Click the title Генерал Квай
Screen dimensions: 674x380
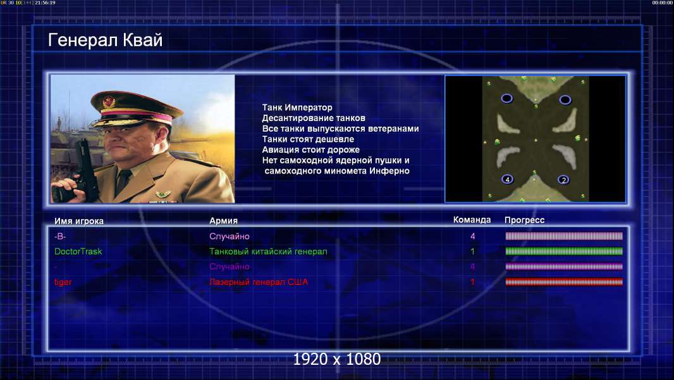[106, 41]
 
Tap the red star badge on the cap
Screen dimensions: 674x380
[109, 101]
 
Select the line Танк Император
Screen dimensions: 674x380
[297, 108]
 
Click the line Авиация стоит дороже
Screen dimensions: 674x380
[311, 149]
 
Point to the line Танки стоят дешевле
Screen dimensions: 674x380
[308, 139]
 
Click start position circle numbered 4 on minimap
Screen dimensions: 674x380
[507, 179]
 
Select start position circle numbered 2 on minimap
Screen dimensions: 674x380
[563, 180]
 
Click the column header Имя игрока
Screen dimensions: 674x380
[78, 221]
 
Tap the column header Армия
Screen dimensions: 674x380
[224, 221]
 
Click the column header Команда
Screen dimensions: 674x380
[472, 220]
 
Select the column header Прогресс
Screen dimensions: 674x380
[524, 220]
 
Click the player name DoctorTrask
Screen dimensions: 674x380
[78, 251]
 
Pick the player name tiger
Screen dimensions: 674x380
[63, 282]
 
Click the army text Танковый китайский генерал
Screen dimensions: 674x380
[268, 251]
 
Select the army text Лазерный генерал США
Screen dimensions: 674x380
[259, 282]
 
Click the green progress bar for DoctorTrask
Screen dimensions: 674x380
[564, 251]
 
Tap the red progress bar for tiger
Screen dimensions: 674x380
[564, 282]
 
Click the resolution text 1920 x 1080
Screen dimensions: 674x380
[336, 359]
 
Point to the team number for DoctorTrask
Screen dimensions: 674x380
[472, 251]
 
